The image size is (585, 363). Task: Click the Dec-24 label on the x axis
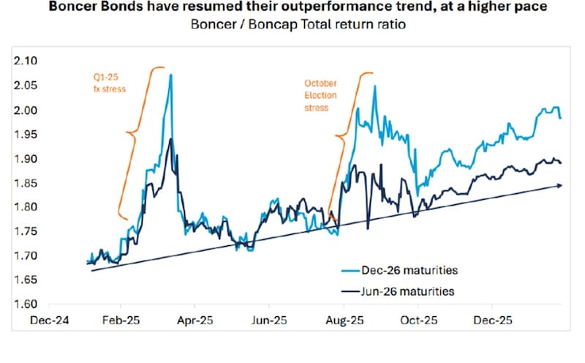(45, 321)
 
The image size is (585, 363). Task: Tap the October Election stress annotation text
(317, 95)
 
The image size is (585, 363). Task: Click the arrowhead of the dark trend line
(559, 185)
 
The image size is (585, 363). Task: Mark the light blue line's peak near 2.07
(171, 75)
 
